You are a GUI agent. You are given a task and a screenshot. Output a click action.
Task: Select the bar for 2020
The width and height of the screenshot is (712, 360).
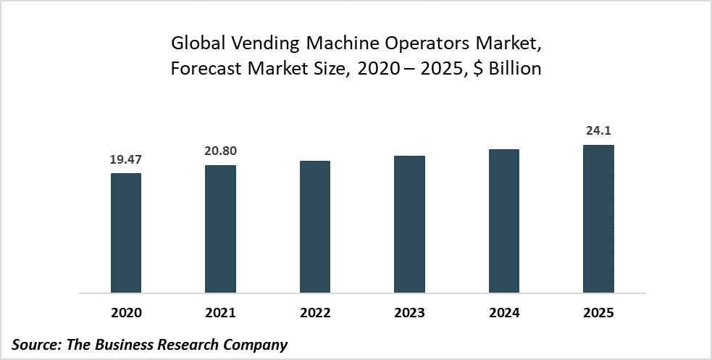tap(126, 233)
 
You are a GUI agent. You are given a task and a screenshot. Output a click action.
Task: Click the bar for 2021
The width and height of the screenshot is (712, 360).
tap(220, 230)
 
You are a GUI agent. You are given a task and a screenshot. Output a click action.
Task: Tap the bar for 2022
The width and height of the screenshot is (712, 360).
tap(314, 227)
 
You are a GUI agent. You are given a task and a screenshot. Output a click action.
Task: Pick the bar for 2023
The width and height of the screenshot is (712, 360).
tap(409, 225)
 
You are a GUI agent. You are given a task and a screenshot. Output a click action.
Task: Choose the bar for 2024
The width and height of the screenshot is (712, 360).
tap(504, 222)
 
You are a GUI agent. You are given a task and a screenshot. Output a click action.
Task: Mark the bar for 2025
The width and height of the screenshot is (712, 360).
tap(598, 219)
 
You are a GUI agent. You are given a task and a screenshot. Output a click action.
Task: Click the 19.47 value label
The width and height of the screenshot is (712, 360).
tap(126, 159)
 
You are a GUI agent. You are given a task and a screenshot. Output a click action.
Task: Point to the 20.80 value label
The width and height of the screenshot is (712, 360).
tap(220, 151)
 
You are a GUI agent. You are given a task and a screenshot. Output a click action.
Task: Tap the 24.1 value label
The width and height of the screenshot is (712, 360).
tap(598, 131)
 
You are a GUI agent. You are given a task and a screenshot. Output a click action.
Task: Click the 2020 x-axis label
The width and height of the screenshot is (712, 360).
tap(126, 314)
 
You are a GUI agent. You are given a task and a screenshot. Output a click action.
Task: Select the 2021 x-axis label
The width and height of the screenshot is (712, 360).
tap(220, 314)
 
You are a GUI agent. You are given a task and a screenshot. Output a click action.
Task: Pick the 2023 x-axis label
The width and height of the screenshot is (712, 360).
tap(409, 314)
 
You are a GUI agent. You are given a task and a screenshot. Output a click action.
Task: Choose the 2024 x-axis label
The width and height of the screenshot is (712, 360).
tap(504, 314)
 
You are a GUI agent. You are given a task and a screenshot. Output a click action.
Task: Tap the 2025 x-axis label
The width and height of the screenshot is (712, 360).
tap(598, 314)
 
